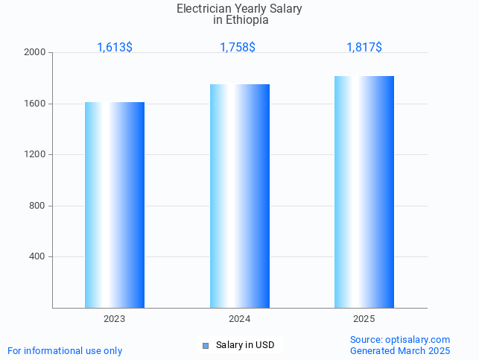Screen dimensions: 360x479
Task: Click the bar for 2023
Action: (x=115, y=205)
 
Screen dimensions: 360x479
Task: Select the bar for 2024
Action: (x=240, y=196)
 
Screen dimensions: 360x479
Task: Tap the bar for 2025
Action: (x=364, y=192)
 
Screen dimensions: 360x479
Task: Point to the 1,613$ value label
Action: (x=115, y=47)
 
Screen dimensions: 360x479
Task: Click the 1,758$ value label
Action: (x=238, y=47)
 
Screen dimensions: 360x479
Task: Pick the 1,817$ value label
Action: (x=364, y=47)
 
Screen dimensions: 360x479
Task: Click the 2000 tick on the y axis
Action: (x=35, y=53)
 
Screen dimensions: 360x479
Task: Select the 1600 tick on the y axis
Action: (x=35, y=104)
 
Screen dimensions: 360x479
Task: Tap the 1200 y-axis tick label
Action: (x=35, y=154)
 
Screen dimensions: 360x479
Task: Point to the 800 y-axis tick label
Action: (x=37, y=206)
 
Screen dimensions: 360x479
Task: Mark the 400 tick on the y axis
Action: (x=37, y=256)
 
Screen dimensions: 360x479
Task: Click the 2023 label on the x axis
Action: (x=115, y=319)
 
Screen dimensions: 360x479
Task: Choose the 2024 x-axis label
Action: (x=240, y=319)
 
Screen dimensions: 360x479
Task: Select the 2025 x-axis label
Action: (x=364, y=319)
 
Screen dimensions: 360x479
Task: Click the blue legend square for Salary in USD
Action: (x=206, y=345)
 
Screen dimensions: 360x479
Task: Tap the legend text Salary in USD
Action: (x=245, y=345)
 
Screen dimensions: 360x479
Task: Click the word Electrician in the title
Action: (x=203, y=9)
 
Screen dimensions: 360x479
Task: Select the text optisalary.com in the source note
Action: (x=418, y=339)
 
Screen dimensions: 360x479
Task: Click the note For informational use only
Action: (x=65, y=350)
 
